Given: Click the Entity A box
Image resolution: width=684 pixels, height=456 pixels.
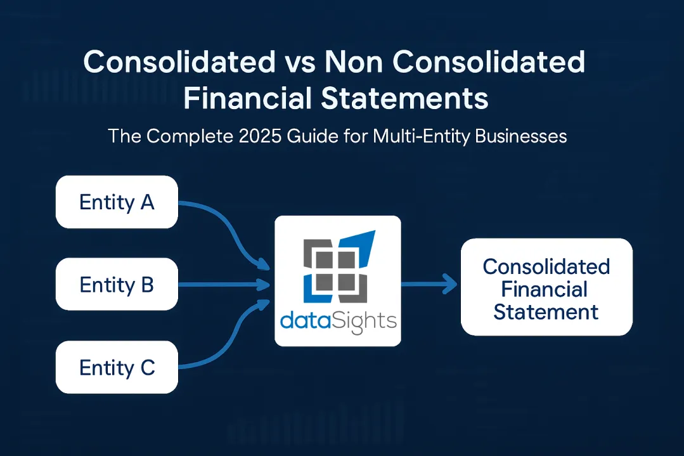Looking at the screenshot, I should pyautogui.click(x=117, y=202).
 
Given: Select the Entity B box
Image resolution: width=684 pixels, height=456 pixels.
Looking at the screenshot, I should pyautogui.click(x=117, y=285).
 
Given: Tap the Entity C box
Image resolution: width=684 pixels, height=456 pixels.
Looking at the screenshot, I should pyautogui.click(x=117, y=368).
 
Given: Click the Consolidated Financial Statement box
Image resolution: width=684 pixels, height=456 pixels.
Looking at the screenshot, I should pyautogui.click(x=546, y=287).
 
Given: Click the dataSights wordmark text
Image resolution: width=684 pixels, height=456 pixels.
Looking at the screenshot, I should pyautogui.click(x=337, y=321).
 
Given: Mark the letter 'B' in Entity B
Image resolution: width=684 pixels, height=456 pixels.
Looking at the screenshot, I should pyautogui.click(x=146, y=285).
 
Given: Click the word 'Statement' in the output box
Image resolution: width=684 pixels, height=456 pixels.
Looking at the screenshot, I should pyautogui.click(x=546, y=311).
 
